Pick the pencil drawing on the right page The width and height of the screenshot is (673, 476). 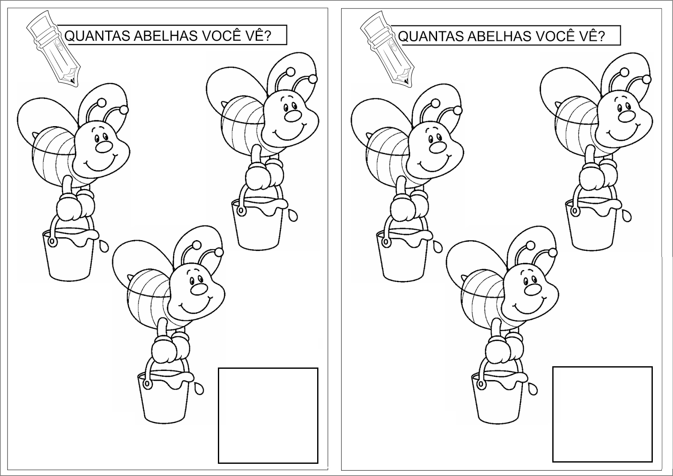pyautogui.click(x=387, y=48)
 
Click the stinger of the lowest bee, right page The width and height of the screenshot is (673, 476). pyautogui.click(x=466, y=277)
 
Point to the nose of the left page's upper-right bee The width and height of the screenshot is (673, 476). pyautogui.click(x=293, y=116)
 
